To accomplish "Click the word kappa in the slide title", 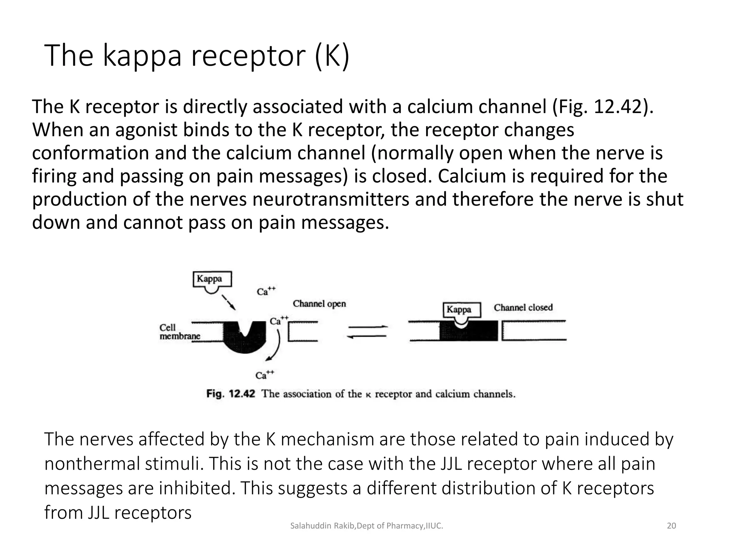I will coord(142,56).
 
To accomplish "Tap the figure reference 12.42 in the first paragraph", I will coord(618,107).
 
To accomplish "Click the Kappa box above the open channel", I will coord(212,279).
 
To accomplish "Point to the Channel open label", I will coord(319,304).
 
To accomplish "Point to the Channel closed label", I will coord(523,307).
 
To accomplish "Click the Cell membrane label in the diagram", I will coord(179,332).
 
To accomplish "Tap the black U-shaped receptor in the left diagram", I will coord(245,341).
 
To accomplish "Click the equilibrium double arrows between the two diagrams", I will coord(367,331).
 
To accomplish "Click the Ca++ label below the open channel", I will coord(264,375).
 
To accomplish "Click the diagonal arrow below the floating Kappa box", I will coord(228,302).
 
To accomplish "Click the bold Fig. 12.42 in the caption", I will coord(230,394).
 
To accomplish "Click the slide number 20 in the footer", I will coord(671,526).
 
